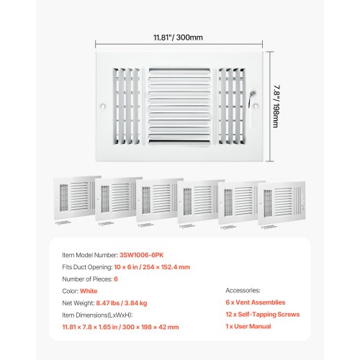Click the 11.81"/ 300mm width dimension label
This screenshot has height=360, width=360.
[x=178, y=37]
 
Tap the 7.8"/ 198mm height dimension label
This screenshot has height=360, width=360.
[x=276, y=107]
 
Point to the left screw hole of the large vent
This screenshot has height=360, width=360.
[x=103, y=106]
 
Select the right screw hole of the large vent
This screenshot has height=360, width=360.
[x=256, y=106]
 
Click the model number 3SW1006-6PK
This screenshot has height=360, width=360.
[x=141, y=255]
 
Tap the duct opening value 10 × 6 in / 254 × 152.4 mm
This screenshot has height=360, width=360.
[x=152, y=267]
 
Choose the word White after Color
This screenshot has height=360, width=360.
[x=89, y=291]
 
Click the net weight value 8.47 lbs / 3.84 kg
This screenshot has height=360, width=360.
[x=122, y=303]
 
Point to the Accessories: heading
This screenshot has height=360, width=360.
[x=243, y=290]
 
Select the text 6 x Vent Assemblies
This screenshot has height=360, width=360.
[x=256, y=302]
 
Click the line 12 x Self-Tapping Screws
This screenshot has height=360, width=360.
[x=263, y=315]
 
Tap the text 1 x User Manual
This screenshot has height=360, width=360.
[x=248, y=326]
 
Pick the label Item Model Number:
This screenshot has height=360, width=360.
[x=90, y=255]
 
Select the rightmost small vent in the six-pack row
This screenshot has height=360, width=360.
[x=282, y=204]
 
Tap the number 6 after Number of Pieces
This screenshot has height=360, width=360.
[x=116, y=279]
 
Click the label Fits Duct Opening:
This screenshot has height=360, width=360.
[x=87, y=267]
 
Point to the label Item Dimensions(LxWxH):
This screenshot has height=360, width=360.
[x=97, y=315]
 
